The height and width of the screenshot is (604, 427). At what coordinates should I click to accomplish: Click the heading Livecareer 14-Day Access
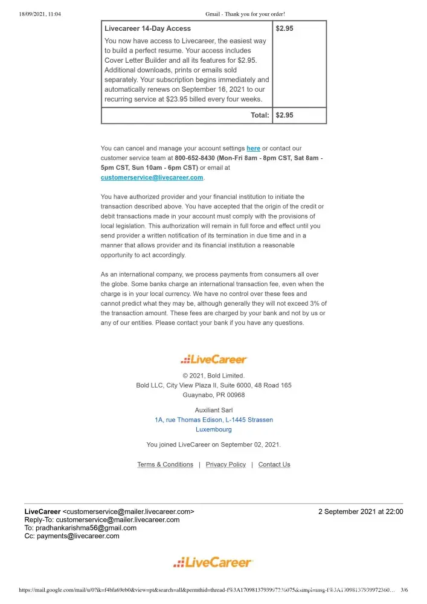click(147, 28)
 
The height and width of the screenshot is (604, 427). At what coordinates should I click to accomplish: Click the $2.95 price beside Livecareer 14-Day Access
click(284, 28)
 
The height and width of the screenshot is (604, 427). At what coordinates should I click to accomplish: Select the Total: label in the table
click(260, 115)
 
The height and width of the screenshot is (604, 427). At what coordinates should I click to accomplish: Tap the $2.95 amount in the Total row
click(284, 115)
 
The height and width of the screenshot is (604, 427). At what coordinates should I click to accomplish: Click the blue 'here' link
click(253, 148)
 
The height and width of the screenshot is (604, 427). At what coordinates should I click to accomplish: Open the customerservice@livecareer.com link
click(152, 178)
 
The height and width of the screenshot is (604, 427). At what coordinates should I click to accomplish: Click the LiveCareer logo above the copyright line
click(214, 359)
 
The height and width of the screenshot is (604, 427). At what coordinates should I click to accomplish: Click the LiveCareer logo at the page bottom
click(214, 563)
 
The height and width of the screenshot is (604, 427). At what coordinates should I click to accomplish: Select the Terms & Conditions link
click(165, 464)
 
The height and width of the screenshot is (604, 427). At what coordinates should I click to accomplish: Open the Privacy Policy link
click(226, 464)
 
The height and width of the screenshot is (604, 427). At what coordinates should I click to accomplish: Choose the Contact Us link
click(274, 464)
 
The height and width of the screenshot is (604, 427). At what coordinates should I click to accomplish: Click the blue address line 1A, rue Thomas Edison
click(214, 420)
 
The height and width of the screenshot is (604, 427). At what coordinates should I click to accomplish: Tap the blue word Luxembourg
click(214, 430)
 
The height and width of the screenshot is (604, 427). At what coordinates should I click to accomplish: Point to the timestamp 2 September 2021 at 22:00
click(361, 512)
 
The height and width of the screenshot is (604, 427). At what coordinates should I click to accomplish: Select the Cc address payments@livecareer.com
click(78, 536)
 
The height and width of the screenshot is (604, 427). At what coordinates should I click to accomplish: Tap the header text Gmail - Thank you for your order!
click(245, 14)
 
